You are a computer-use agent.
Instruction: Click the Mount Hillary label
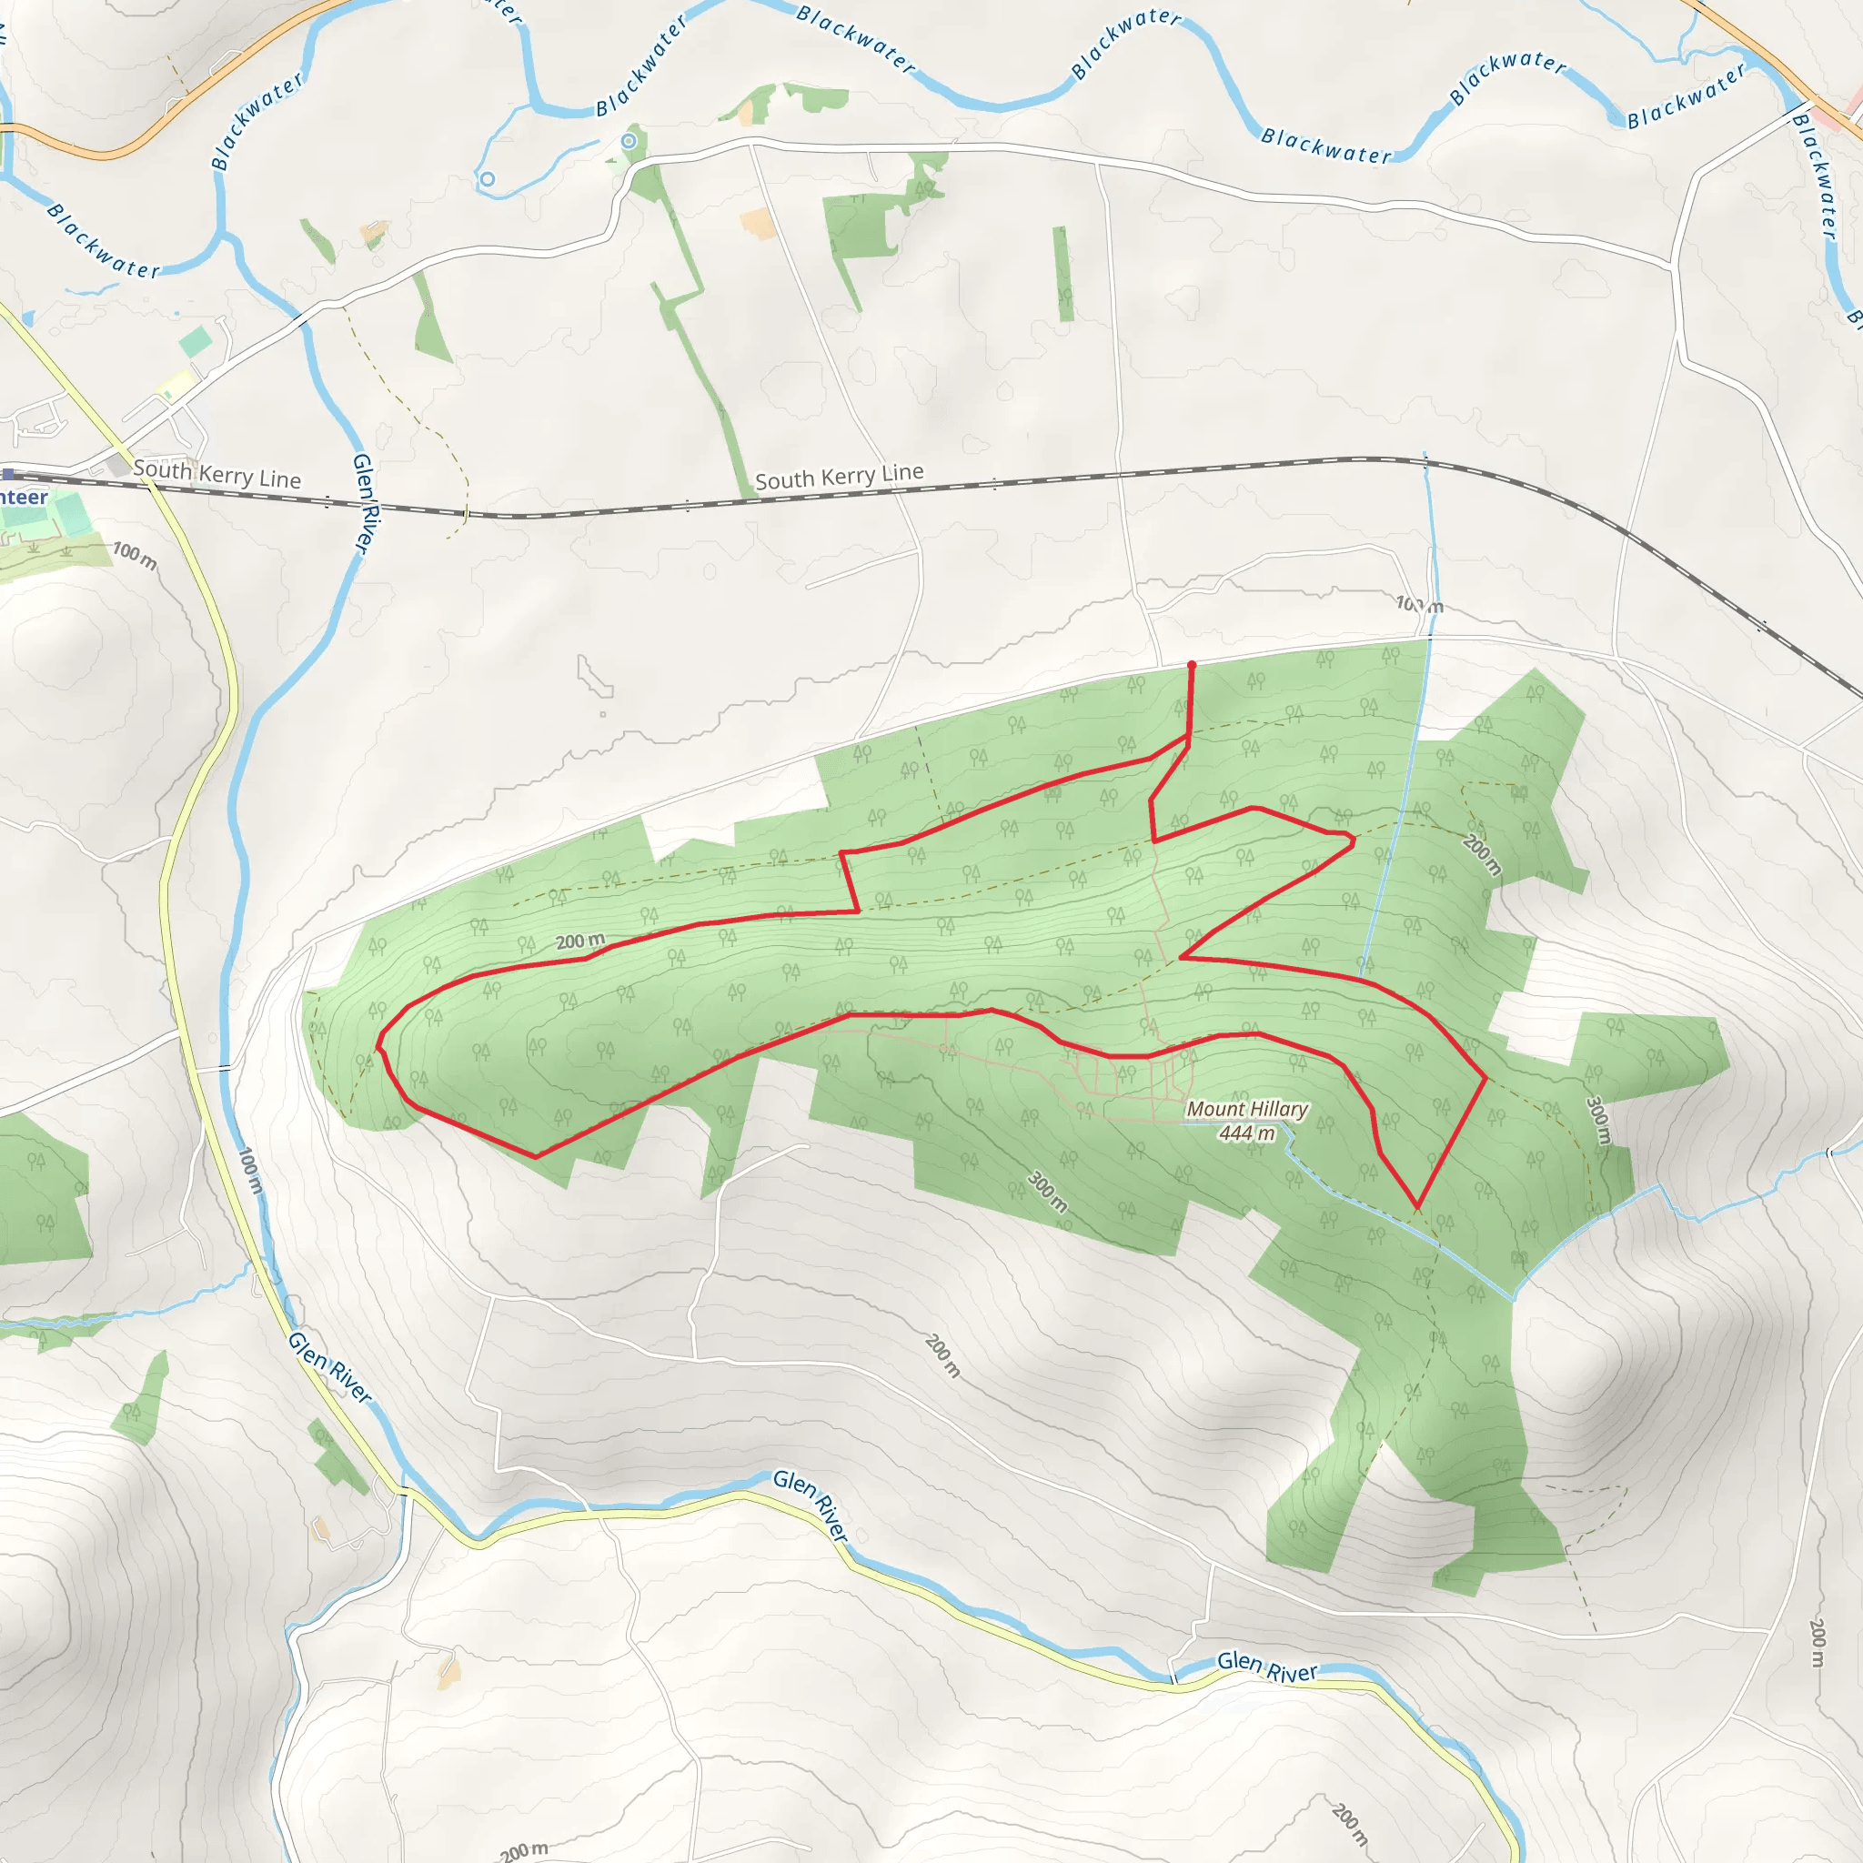coord(1247,1109)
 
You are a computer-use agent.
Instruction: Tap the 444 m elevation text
coord(1247,1133)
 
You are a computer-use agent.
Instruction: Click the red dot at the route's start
coord(1192,665)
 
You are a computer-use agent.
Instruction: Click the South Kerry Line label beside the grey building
coord(217,473)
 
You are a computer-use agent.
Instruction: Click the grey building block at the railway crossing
coord(118,465)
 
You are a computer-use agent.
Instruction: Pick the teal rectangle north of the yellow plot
coord(196,340)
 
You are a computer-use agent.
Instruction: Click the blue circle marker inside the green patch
coord(629,142)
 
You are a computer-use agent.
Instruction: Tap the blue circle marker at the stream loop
coord(488,179)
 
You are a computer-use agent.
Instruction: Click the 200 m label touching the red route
coord(580,941)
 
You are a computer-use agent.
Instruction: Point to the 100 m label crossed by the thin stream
coord(1419,606)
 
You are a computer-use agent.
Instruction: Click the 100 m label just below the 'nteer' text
coord(135,556)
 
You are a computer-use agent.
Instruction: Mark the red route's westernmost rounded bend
coord(379,1042)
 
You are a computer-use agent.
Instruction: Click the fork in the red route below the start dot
coord(1188,740)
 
